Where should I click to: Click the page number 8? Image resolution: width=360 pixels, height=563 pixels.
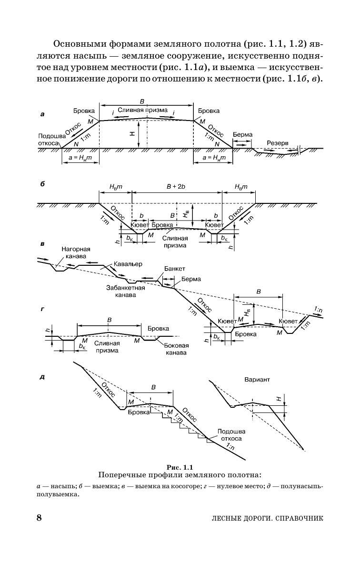(40, 517)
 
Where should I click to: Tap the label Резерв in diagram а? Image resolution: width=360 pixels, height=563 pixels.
(277, 142)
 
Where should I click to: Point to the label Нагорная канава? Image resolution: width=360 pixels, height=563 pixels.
(76, 252)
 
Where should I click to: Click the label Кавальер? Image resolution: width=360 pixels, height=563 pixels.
(128, 264)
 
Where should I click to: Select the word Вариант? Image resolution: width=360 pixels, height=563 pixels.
(257, 380)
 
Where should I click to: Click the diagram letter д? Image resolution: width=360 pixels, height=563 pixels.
(42, 377)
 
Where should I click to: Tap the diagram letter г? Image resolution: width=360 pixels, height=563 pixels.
(42, 310)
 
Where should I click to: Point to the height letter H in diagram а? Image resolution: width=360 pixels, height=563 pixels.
(131, 135)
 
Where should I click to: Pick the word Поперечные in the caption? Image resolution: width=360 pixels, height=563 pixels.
(120, 475)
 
